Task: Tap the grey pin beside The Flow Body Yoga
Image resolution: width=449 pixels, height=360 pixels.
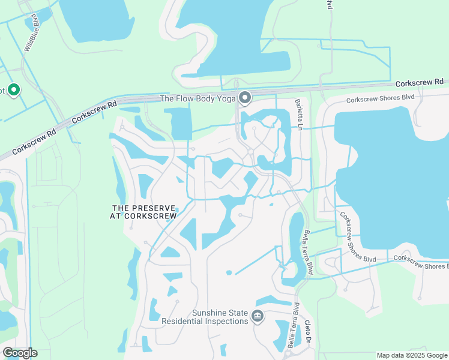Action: pyautogui.click(x=245, y=97)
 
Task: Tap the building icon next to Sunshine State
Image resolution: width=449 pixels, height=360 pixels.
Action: pyautogui.click(x=258, y=316)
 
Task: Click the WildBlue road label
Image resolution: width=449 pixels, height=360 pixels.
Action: pyautogui.click(x=31, y=41)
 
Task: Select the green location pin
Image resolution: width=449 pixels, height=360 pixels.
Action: pyautogui.click(x=14, y=90)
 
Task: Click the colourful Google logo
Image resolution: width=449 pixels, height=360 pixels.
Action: pyautogui.click(x=20, y=353)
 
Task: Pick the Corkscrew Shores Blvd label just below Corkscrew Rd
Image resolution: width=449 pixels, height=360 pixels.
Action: pyautogui.click(x=381, y=98)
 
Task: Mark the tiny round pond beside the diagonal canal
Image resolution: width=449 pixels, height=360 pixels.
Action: pyautogui.click(x=229, y=273)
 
